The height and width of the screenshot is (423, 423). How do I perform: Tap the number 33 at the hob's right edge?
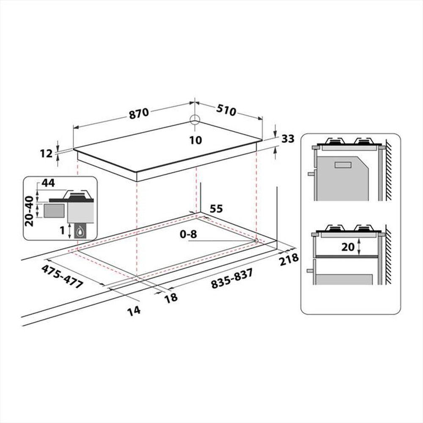287,139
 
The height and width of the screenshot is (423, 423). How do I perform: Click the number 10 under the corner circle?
195,140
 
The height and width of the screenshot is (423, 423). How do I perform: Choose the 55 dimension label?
216,209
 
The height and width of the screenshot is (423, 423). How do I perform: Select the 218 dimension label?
289,259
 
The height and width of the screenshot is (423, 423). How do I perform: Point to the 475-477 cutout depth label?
63,277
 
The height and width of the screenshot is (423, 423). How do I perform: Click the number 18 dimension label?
171,297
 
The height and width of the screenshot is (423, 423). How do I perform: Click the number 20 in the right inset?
348,247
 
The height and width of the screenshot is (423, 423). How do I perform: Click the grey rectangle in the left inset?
54,210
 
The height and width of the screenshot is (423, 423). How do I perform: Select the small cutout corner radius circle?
256,241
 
